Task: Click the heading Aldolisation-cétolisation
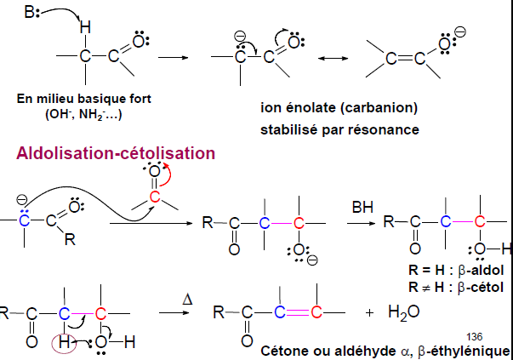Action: pos(116,153)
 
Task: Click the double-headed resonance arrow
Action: pos(331,58)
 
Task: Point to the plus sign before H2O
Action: pos(369,312)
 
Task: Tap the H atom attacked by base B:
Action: pos(84,28)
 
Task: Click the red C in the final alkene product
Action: pos(315,311)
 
